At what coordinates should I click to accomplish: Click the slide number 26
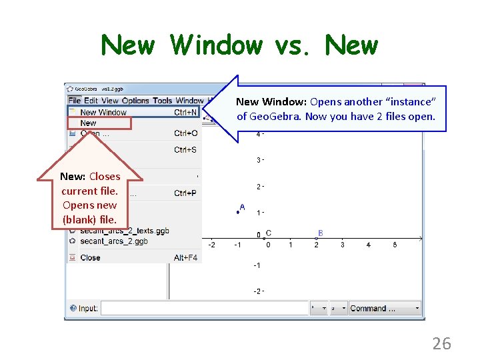point(441,344)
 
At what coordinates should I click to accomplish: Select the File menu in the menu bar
point(74,101)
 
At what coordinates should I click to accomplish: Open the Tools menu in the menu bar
point(162,101)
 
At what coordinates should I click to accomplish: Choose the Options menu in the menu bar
point(135,101)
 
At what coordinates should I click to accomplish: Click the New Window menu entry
point(103,113)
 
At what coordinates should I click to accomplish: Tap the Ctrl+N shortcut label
point(185,113)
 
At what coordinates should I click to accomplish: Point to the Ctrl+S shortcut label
point(185,150)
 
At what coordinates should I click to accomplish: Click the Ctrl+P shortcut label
point(185,193)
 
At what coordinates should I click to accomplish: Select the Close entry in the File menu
point(90,257)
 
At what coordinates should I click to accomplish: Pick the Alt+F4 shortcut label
point(185,257)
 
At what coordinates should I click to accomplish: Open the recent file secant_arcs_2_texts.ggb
point(125,231)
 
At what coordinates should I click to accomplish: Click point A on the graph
point(237,212)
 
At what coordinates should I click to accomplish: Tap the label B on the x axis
point(320,233)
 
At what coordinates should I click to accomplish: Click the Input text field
point(204,308)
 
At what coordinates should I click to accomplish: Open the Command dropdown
point(385,308)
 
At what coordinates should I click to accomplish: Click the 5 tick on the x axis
point(395,245)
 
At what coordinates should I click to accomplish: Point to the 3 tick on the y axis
point(259,160)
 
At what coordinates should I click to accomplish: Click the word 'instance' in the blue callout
point(410,102)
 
